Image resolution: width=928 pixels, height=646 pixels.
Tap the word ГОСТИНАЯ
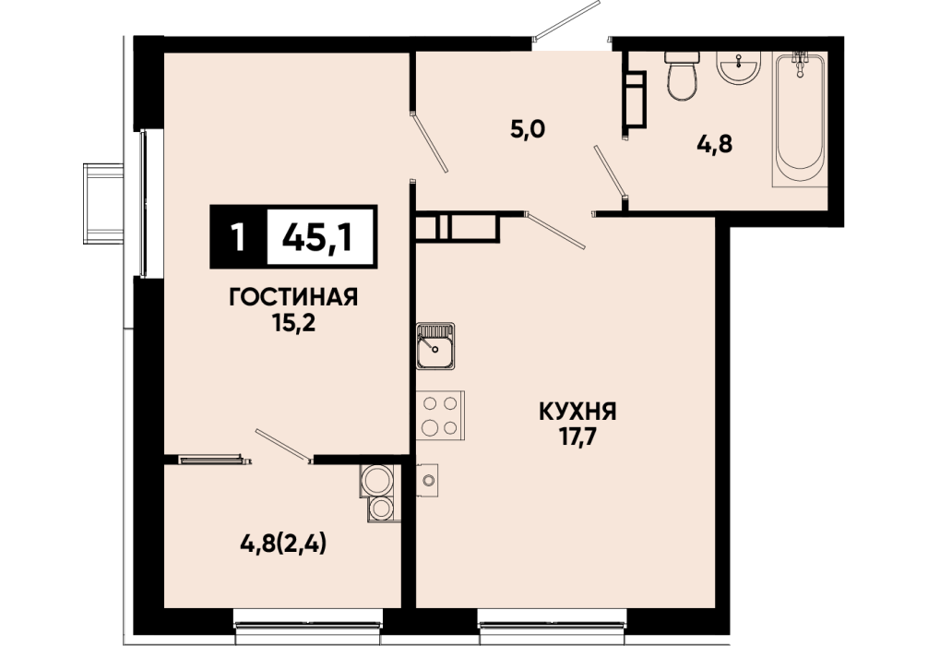click(293, 297)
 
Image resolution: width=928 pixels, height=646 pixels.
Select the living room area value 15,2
click(293, 323)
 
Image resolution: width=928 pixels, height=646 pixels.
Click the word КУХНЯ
click(577, 411)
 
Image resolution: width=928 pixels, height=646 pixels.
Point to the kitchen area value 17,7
click(577, 437)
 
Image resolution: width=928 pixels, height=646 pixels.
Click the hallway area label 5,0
click(528, 129)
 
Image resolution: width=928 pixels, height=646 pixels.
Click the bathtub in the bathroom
click(800, 118)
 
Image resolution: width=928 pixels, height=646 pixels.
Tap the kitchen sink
click(435, 346)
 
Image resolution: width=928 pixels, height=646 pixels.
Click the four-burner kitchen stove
click(440, 415)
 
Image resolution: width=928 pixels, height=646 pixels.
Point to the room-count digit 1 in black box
click(239, 237)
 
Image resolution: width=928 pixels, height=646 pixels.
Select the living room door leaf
click(429, 143)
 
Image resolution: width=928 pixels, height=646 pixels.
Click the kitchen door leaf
click(555, 229)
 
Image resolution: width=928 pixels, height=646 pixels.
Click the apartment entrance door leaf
click(566, 19)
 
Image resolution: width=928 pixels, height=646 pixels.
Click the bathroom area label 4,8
click(714, 143)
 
